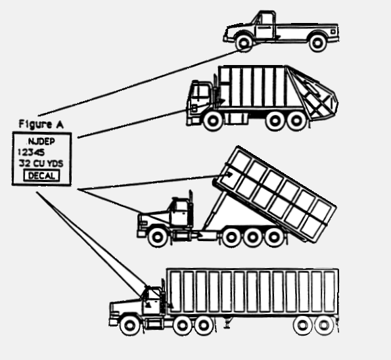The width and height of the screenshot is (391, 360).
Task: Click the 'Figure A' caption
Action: click(x=41, y=124)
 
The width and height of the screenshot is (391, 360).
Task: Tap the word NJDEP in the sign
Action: click(x=41, y=142)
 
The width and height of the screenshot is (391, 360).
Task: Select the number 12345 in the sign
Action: click(x=32, y=152)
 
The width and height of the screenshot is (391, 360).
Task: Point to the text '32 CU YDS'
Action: click(x=41, y=164)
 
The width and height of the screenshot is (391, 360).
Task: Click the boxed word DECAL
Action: click(x=41, y=175)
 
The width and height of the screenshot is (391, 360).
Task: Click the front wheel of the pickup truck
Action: click(x=244, y=43)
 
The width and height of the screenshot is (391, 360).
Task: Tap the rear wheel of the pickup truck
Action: click(x=317, y=43)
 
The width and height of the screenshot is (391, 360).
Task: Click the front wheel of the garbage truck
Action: click(x=213, y=121)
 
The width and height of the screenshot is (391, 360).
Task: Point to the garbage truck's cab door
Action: click(x=200, y=98)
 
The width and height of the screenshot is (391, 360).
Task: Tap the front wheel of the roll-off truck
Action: click(x=157, y=236)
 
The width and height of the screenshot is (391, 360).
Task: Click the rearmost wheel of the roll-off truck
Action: click(x=274, y=236)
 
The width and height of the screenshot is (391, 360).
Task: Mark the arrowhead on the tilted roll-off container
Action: click(x=229, y=174)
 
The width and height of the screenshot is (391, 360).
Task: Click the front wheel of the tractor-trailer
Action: click(x=129, y=325)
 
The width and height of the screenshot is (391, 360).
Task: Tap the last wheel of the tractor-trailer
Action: click(x=324, y=325)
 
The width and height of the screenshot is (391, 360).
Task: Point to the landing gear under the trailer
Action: click(x=227, y=323)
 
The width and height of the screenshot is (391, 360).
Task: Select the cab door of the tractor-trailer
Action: click(x=151, y=302)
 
